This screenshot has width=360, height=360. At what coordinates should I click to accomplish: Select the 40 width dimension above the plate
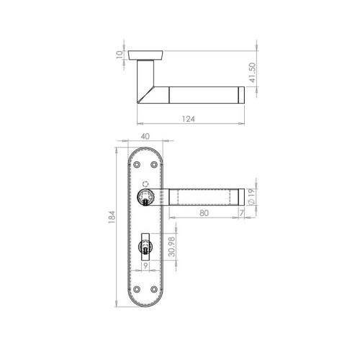[x=146, y=135]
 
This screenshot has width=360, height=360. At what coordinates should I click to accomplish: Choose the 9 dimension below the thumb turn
[x=147, y=266]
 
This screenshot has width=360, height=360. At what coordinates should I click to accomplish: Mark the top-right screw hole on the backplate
[x=158, y=166]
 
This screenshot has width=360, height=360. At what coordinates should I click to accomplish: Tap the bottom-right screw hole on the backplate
[x=158, y=292]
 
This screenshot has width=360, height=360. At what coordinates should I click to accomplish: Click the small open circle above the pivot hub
[x=146, y=182]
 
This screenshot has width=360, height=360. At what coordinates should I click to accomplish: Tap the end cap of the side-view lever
[x=243, y=94]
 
